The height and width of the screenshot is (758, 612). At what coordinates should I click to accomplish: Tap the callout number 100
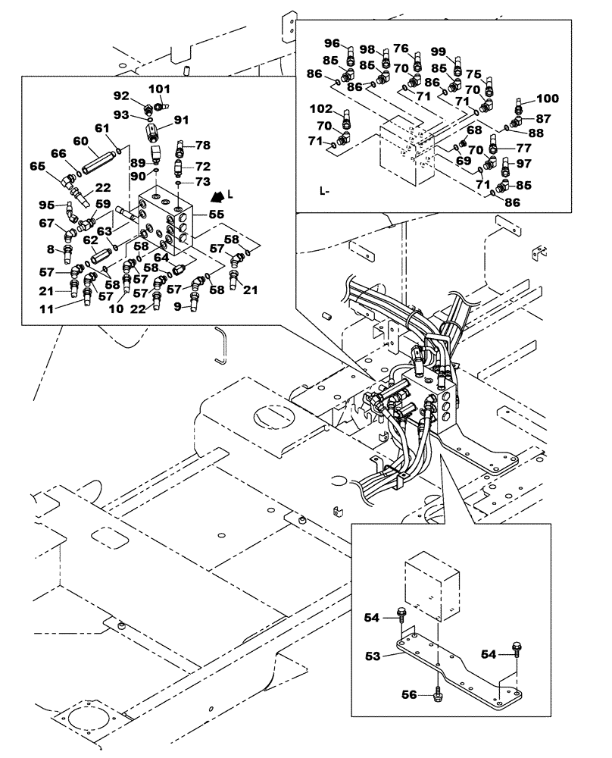click(x=547, y=99)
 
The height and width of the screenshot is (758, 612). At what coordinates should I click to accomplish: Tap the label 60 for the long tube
click(x=81, y=142)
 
